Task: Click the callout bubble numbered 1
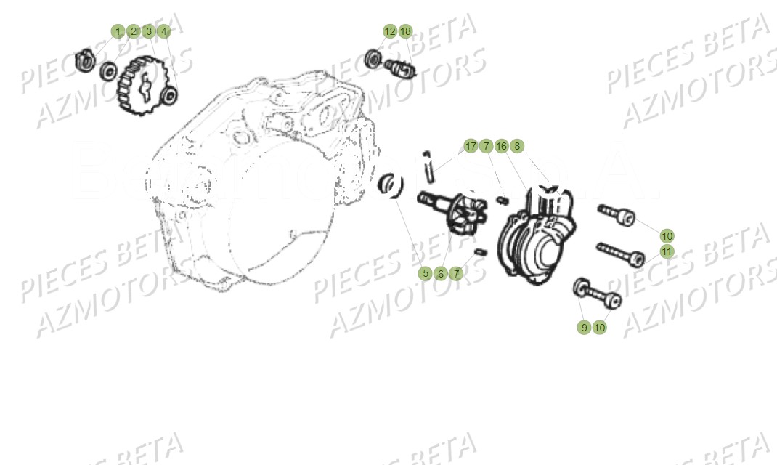click(x=118, y=31)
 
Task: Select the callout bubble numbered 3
click(x=148, y=31)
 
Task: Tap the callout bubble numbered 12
click(x=390, y=31)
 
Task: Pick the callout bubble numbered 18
click(x=405, y=31)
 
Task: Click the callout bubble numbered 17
click(x=471, y=146)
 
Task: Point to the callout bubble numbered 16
click(x=501, y=146)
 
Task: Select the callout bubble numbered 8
click(x=516, y=146)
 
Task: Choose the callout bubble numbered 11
click(x=667, y=251)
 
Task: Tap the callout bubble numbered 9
click(x=584, y=328)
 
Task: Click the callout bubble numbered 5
click(x=426, y=274)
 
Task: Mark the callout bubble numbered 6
click(x=441, y=274)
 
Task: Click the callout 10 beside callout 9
click(x=599, y=328)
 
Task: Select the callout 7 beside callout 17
click(x=486, y=146)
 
